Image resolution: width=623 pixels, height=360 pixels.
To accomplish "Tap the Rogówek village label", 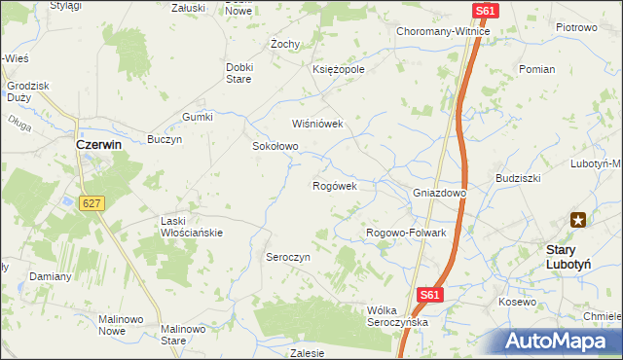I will [335, 186].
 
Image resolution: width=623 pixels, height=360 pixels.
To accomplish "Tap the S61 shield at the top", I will [488, 11].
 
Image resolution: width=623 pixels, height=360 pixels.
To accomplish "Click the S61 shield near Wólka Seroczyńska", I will [431, 295].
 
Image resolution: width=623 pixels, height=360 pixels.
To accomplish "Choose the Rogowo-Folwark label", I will [405, 234].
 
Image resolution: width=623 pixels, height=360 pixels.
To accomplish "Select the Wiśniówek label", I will [318, 125].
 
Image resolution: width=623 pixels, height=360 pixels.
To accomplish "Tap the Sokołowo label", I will [275, 147].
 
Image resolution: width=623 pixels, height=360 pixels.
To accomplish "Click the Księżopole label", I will [339, 70].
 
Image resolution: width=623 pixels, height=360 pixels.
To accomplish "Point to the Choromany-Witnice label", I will [442, 31].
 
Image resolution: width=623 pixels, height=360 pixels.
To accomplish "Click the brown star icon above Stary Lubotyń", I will [579, 220].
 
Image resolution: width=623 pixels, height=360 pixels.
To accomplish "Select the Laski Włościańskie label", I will [192, 227].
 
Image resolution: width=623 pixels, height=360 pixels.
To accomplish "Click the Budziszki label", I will [518, 179].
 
